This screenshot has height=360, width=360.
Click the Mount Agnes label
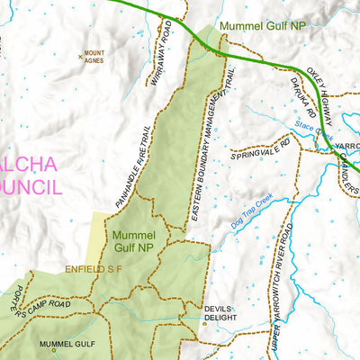click(x=94, y=57)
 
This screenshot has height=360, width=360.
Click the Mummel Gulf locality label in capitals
click(x=67, y=344)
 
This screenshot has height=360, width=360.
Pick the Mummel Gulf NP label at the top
click(x=261, y=26)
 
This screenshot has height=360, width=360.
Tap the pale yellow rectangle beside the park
click(x=102, y=238)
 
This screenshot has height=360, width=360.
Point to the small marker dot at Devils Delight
click(x=204, y=323)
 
